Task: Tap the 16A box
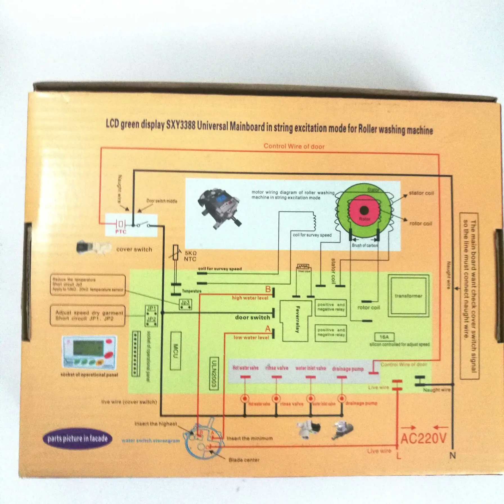(384, 337)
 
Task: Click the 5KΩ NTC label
(190, 256)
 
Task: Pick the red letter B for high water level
(268, 289)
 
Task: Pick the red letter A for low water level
(267, 329)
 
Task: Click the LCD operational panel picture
(89, 352)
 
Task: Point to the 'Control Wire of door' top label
(294, 147)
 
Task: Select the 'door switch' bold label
(252, 318)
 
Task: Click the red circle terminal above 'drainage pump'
(342, 398)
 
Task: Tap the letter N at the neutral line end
(452, 455)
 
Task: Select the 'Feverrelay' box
(296, 321)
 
